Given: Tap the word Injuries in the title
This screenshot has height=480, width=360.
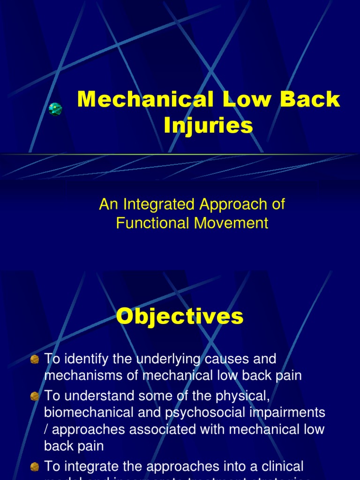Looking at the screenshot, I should [x=208, y=126].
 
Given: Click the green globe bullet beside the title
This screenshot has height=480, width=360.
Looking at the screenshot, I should [x=55, y=109].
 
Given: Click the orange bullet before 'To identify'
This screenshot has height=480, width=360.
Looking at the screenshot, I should [x=35, y=360].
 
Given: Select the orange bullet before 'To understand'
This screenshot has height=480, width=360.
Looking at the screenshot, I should [x=35, y=397].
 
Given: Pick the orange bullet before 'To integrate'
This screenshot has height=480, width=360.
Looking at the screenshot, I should [x=35, y=467].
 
